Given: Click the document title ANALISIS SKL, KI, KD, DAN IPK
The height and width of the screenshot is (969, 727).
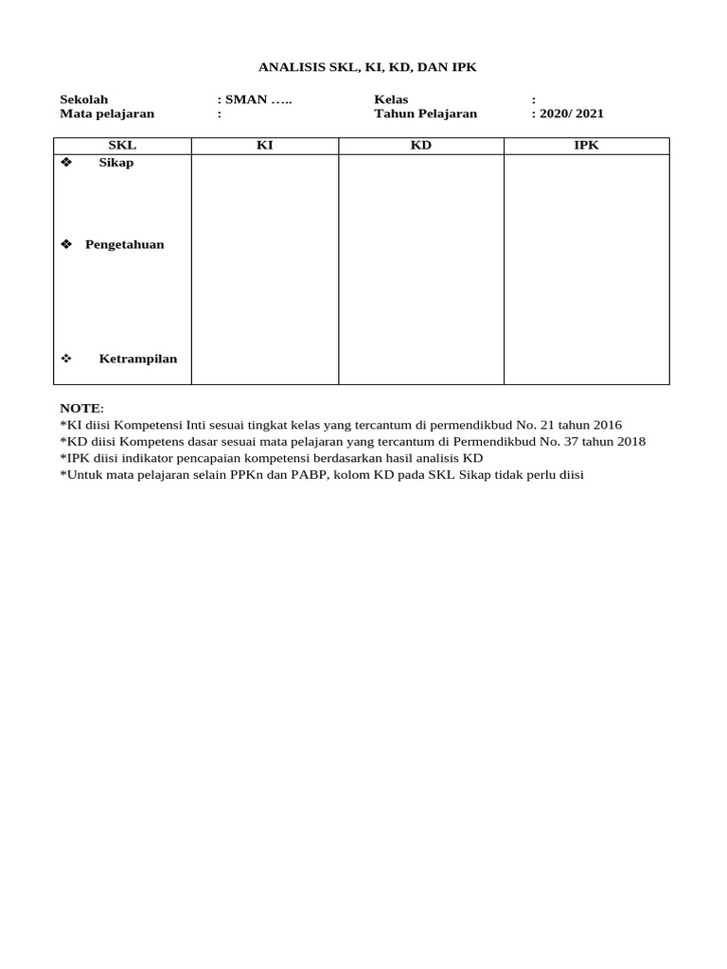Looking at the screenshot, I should point(368,67).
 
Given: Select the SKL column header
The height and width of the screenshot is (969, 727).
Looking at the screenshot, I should point(122,146).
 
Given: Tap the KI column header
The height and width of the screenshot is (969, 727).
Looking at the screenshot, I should point(265,146).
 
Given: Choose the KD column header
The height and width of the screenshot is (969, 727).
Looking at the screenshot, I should point(420,146).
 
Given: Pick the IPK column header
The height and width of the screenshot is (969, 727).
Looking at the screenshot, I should point(586,146).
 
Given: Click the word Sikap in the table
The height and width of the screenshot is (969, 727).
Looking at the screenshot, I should point(116,163).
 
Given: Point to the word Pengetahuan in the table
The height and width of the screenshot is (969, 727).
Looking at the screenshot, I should point(124,244).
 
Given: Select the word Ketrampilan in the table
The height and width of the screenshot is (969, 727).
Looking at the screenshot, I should point(138,359).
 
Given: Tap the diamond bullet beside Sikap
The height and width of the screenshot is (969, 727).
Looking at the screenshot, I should point(66,163).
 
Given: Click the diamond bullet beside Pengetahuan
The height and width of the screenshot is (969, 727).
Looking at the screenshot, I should point(66,244).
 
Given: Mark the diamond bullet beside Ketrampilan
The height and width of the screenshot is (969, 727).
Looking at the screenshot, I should point(66,359).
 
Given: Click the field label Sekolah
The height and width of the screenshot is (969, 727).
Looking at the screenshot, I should point(84,99).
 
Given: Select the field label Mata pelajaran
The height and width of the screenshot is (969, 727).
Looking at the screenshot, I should point(107,114).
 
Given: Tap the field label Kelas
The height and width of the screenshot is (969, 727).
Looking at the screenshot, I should point(391,99).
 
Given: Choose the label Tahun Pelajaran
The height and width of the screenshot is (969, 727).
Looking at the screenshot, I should point(425,114).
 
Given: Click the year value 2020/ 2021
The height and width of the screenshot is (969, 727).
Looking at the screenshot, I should point(572,114).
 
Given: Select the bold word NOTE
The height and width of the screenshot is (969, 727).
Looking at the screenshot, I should point(80,408).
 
